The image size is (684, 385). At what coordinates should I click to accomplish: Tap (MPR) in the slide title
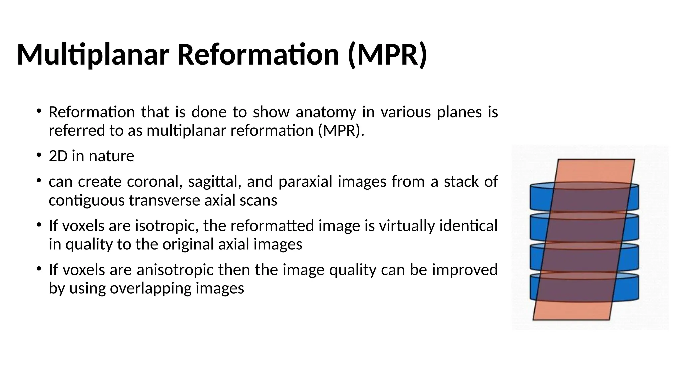coord(387,55)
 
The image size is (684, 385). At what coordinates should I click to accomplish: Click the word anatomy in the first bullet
coord(326,112)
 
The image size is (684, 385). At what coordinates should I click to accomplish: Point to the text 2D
coord(58,156)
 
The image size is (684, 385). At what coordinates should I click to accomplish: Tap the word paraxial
coord(305,182)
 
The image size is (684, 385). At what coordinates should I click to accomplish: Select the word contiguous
coord(86,201)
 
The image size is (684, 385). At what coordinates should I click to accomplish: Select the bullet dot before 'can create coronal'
coord(39,180)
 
